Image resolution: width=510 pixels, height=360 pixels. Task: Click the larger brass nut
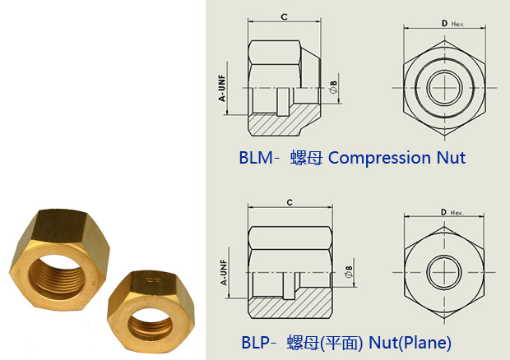click(x=59, y=260)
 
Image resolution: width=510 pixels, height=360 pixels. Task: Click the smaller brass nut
click(x=151, y=312)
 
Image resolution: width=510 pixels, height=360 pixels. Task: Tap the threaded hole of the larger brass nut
click(x=56, y=276)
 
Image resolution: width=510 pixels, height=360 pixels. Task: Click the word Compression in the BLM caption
click(x=379, y=159)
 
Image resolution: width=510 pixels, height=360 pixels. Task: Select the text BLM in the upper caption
click(x=256, y=158)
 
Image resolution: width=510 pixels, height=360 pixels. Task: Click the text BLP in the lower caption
click(x=255, y=343)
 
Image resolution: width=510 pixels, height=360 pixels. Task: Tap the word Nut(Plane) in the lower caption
click(x=410, y=343)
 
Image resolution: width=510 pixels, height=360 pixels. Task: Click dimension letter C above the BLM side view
click(x=284, y=16)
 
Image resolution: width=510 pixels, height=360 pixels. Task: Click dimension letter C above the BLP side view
click(x=290, y=202)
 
